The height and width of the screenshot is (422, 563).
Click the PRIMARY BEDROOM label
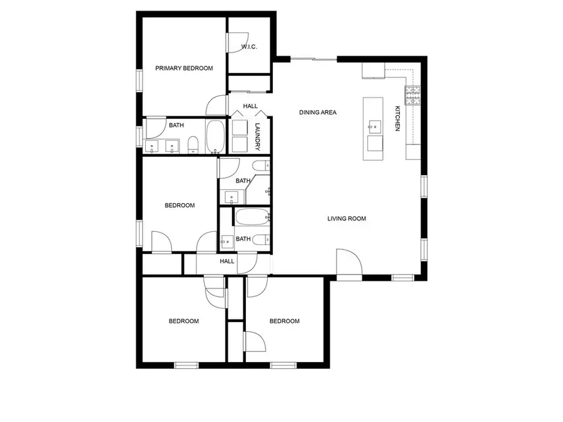(x=184, y=68)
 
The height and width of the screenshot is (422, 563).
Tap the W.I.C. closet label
(x=250, y=48)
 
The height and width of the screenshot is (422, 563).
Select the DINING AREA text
(x=318, y=113)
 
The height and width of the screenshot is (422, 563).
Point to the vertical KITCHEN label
(x=397, y=119)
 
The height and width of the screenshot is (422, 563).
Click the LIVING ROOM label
(x=347, y=219)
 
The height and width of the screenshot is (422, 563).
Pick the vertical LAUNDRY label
(x=257, y=136)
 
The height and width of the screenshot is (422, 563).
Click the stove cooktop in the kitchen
(x=413, y=94)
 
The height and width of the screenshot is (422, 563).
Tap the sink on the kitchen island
(x=374, y=127)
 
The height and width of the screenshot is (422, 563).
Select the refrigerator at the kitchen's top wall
(x=373, y=71)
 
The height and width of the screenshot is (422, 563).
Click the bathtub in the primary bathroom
(x=216, y=137)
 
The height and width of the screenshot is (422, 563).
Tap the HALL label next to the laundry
(x=250, y=106)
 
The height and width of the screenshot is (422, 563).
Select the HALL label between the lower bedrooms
(x=226, y=261)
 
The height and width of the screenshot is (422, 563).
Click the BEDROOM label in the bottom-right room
(x=284, y=321)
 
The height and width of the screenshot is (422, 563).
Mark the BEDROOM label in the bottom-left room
(x=184, y=321)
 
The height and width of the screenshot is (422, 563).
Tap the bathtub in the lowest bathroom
(x=251, y=218)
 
